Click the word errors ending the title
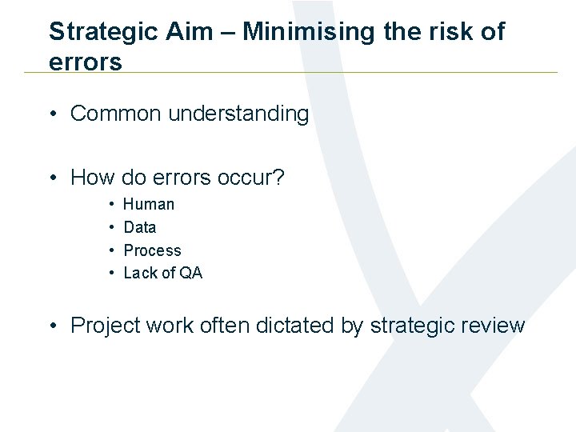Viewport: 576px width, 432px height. point(86,62)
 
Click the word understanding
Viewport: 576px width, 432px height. point(238,114)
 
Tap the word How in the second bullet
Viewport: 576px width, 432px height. point(93,178)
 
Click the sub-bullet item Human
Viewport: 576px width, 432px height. point(149,205)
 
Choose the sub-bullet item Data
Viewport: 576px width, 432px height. point(140,228)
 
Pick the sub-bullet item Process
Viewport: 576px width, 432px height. point(152,251)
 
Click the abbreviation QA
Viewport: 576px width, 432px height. point(191,274)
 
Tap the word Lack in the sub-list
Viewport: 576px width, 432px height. point(140,274)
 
